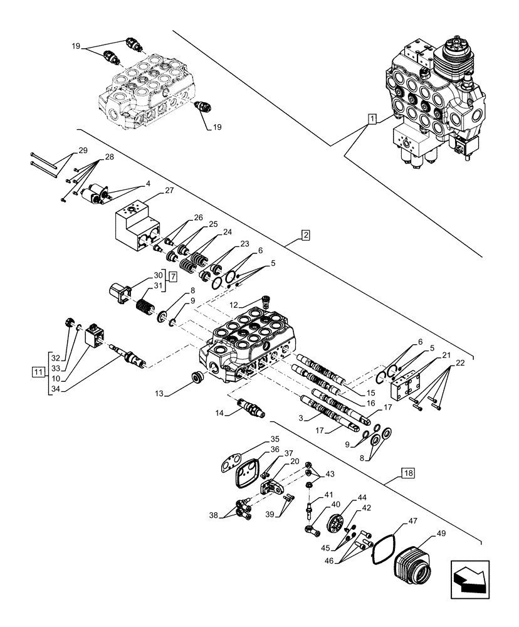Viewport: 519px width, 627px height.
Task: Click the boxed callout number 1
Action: click(x=372, y=119)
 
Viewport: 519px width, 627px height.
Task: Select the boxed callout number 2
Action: click(x=305, y=236)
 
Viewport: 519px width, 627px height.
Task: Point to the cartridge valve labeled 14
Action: click(x=250, y=410)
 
